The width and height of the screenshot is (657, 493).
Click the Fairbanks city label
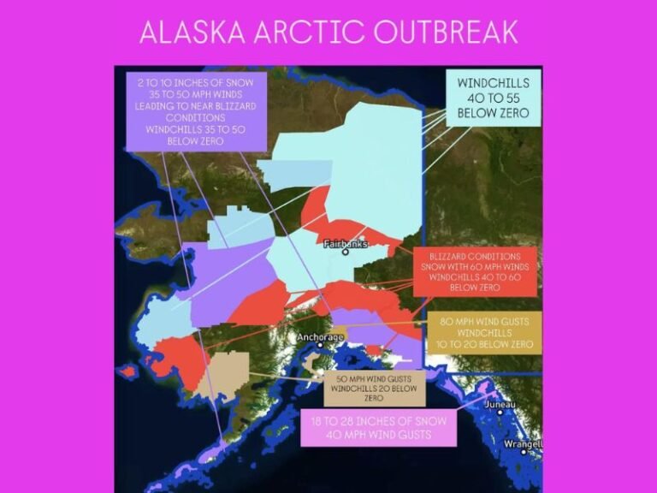pyautogui.click(x=346, y=243)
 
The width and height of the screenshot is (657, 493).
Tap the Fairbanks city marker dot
pyautogui.click(x=346, y=252)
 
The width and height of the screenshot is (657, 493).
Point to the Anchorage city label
pyautogui.click(x=320, y=337)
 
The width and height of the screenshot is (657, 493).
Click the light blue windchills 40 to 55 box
pyautogui.click(x=494, y=98)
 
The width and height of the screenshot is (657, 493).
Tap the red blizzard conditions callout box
pyautogui.click(x=474, y=271)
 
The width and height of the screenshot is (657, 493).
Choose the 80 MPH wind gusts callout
pyautogui.click(x=484, y=330)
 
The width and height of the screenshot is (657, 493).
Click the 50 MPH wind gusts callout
pyautogui.click(x=375, y=388)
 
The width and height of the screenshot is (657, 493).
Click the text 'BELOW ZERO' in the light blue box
pyautogui.click(x=494, y=113)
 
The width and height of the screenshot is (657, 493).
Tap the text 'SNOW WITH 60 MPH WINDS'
pyautogui.click(x=474, y=266)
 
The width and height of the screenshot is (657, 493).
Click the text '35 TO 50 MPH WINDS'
pyautogui.click(x=192, y=92)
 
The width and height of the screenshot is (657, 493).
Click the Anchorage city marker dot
pyautogui.click(x=321, y=346)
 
